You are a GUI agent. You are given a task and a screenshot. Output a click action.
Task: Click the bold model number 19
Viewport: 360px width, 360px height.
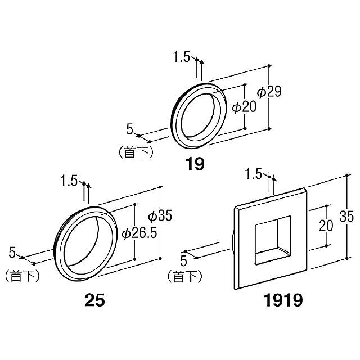pyautogui.click(x=195, y=164)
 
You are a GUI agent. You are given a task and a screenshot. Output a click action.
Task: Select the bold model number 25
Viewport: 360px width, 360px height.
pyautogui.click(x=95, y=300)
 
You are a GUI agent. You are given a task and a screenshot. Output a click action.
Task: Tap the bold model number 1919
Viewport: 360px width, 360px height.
pyautogui.click(x=283, y=300)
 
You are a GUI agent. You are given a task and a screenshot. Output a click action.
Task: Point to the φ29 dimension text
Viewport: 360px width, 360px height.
pyautogui.click(x=269, y=92)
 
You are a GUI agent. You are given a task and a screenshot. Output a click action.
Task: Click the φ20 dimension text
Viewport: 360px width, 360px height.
pyautogui.click(x=244, y=107)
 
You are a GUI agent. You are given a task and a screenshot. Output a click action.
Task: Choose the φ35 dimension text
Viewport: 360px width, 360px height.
pyautogui.click(x=160, y=216)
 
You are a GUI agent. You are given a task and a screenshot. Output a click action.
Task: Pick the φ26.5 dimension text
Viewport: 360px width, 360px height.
pyautogui.click(x=139, y=233)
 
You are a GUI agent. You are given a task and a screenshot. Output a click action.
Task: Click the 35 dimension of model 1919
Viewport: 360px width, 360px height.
pyautogui.click(x=346, y=216)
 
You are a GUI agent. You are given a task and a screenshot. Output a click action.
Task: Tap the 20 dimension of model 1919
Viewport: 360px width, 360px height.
pyautogui.click(x=326, y=225)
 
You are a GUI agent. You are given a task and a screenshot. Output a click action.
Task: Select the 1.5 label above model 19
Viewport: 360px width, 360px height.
pyautogui.click(x=181, y=57)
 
